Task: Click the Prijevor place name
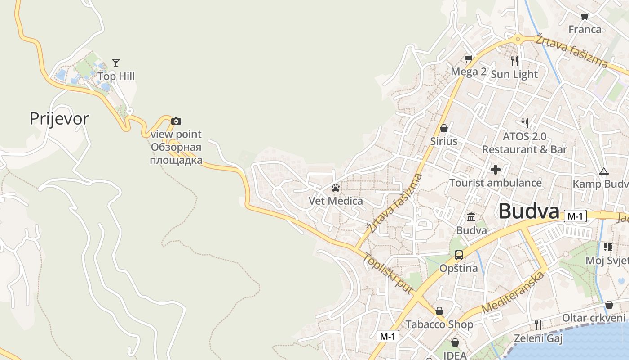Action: (x=59, y=119)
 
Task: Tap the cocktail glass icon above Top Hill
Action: (x=116, y=63)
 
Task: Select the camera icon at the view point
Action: (x=176, y=121)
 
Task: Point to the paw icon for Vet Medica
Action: (x=336, y=187)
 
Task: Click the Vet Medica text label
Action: (x=336, y=201)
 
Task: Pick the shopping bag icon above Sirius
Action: (x=444, y=128)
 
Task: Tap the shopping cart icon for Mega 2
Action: (x=469, y=58)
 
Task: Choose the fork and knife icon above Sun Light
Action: (x=514, y=60)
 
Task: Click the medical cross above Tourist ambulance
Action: (x=496, y=170)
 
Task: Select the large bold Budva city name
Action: (x=529, y=211)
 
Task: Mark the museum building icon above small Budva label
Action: (x=471, y=217)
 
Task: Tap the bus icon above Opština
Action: (x=458, y=255)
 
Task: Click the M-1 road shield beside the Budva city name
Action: (x=575, y=216)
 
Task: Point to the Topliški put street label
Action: (x=387, y=274)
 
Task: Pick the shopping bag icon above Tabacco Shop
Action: (x=439, y=311)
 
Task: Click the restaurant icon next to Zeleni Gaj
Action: (x=538, y=324)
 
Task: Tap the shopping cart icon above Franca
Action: (x=585, y=17)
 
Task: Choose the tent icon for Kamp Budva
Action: (x=603, y=171)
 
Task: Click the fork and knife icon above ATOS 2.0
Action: (x=524, y=122)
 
